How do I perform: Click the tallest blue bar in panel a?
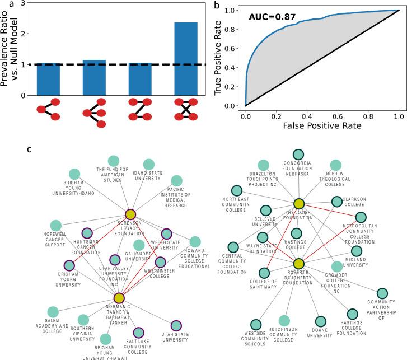(175, 59)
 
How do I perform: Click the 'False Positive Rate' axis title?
(322, 127)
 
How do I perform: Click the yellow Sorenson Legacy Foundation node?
(130, 214)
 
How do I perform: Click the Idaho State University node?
(148, 164)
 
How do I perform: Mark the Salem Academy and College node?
(53, 312)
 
